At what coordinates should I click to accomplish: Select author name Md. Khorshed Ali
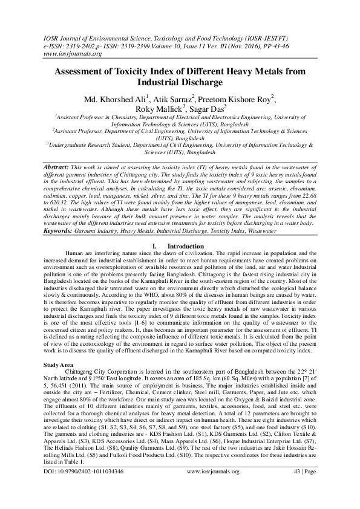point(114,99)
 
